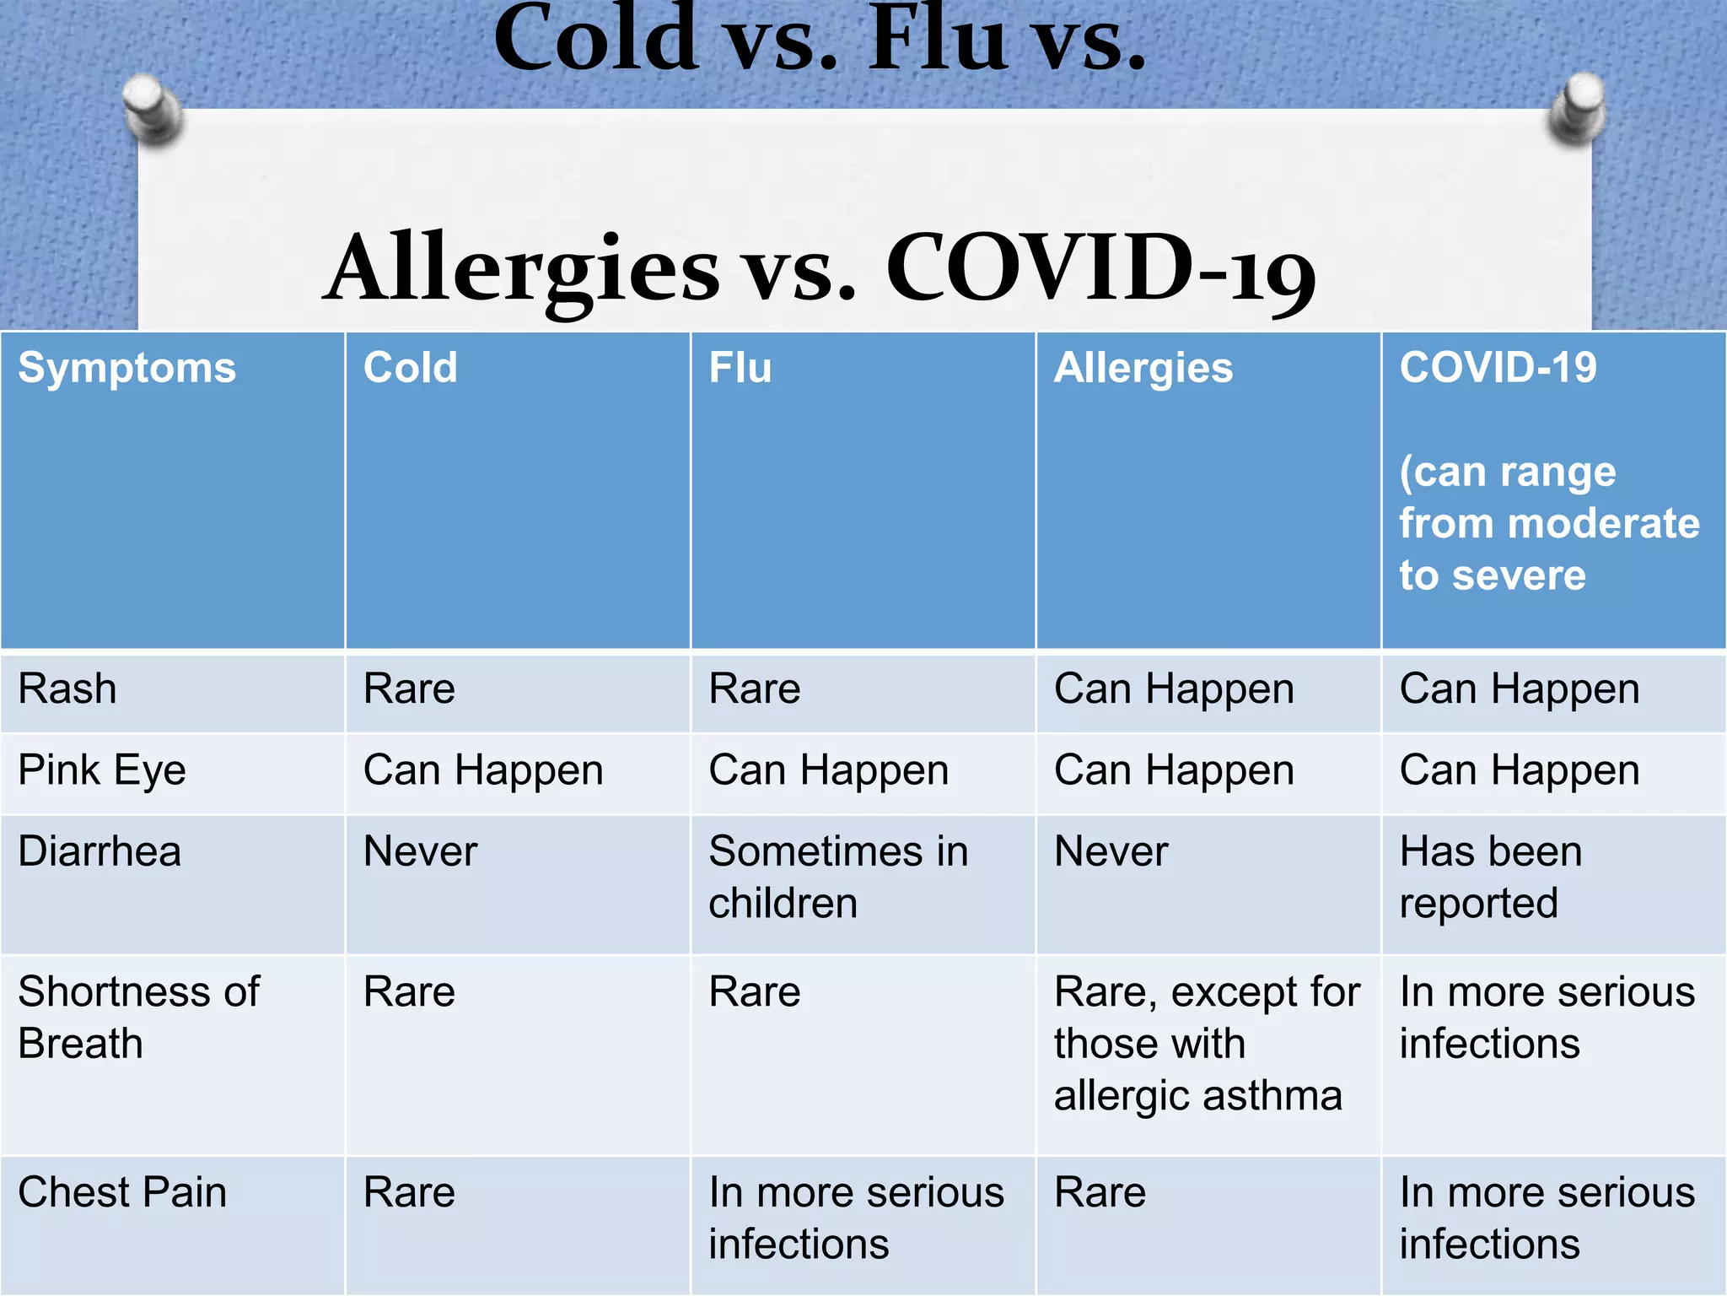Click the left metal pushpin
tap(152, 107)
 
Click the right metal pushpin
tap(1578, 107)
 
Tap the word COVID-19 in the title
tap(1100, 268)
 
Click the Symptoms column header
tap(127, 369)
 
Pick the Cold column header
tap(411, 369)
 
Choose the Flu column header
tap(740, 369)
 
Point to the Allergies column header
tap(1143, 369)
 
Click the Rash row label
tap(67, 689)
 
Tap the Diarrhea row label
tap(100, 851)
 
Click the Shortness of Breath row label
tap(139, 1018)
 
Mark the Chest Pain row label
tap(123, 1193)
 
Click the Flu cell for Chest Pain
tap(856, 1218)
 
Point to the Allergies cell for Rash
tap(1174, 689)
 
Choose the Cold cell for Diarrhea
tap(420, 851)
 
